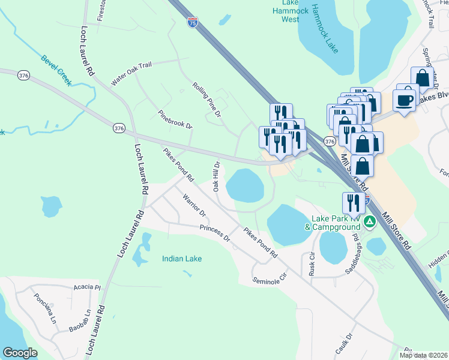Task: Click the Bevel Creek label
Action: (56, 68)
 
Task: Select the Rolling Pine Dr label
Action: (208, 98)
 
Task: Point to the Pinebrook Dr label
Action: (175, 119)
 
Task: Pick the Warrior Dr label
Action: (194, 205)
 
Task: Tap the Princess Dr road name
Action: (215, 233)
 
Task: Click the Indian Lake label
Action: (182, 259)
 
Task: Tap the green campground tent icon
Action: (370, 223)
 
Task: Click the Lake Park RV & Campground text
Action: (333, 223)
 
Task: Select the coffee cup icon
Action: (405, 99)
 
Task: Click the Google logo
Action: (20, 352)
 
